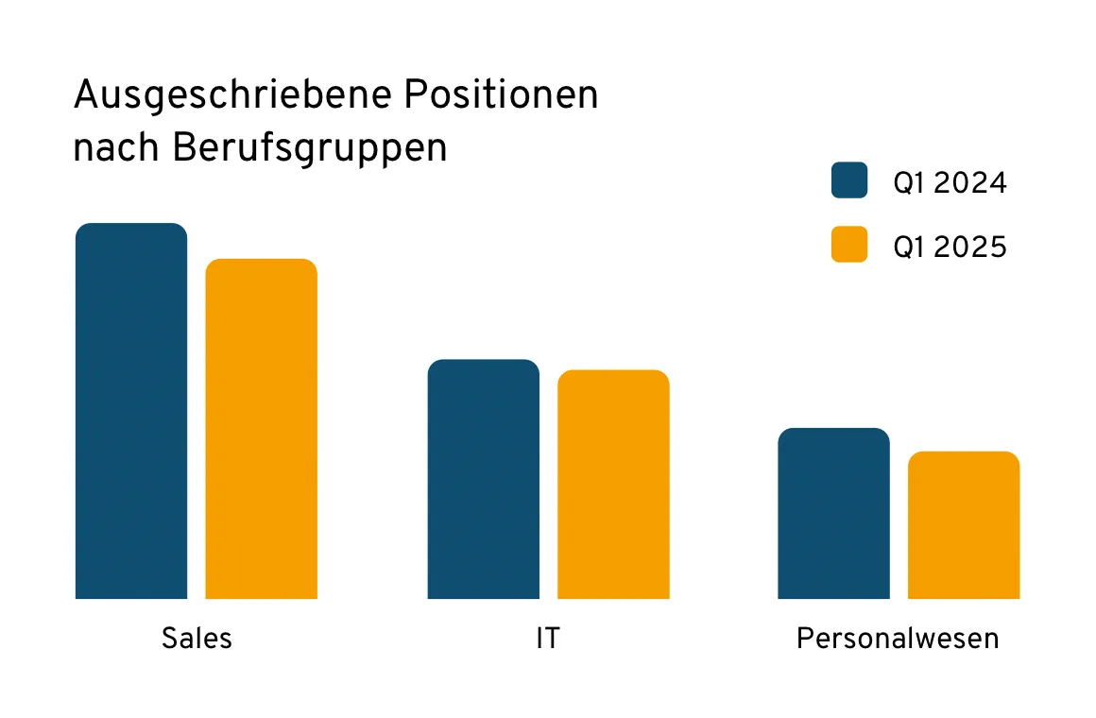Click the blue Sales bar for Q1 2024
pos(131,411)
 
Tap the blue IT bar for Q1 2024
pos(483,479)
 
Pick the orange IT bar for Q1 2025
pos(613,484)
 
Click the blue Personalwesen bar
pos(833,513)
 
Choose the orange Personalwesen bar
pos(964,525)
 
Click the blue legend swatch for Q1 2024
pos(849,180)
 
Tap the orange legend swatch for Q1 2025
pos(849,245)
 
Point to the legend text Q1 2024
pos(950,182)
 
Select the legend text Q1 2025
pos(950,247)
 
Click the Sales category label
pos(197,638)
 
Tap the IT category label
pos(547,638)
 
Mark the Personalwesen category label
pos(898,638)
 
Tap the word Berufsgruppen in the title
pos(309,150)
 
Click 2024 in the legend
pos(969,182)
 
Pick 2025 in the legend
pos(969,247)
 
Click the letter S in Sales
pos(169,638)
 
